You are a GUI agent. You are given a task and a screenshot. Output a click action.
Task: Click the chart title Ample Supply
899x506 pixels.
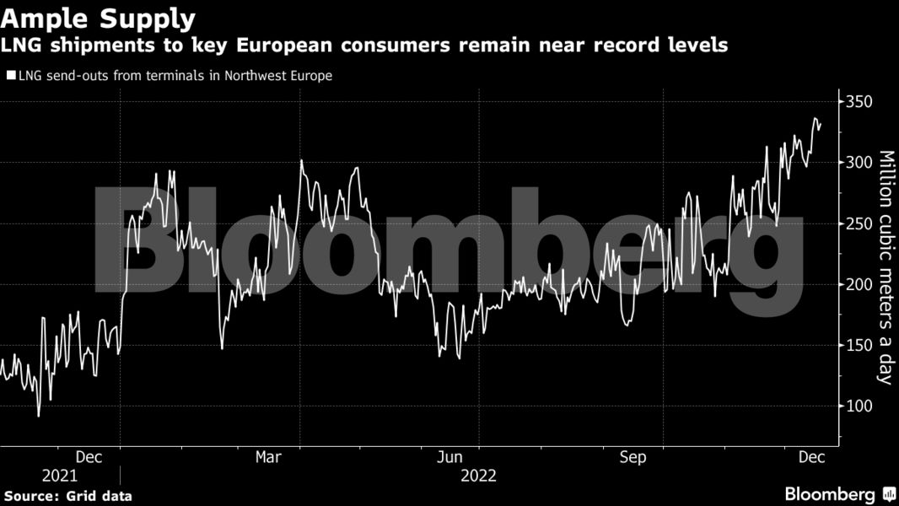98,18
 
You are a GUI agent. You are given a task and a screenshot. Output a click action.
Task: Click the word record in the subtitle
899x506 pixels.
630,46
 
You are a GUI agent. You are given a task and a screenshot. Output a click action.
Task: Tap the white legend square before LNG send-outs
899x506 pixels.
10,76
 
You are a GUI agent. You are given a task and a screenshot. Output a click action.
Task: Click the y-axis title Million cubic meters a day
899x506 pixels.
886,266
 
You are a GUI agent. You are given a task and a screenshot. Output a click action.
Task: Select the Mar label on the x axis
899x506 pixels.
268,457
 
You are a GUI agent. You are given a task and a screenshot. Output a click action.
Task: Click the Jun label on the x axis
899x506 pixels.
450,457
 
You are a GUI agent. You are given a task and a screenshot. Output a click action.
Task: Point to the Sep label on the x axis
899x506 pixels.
633,457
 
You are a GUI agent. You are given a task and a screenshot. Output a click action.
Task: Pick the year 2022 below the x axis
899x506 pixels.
478,476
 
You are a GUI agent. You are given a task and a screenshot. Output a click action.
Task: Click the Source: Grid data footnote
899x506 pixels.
67,496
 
